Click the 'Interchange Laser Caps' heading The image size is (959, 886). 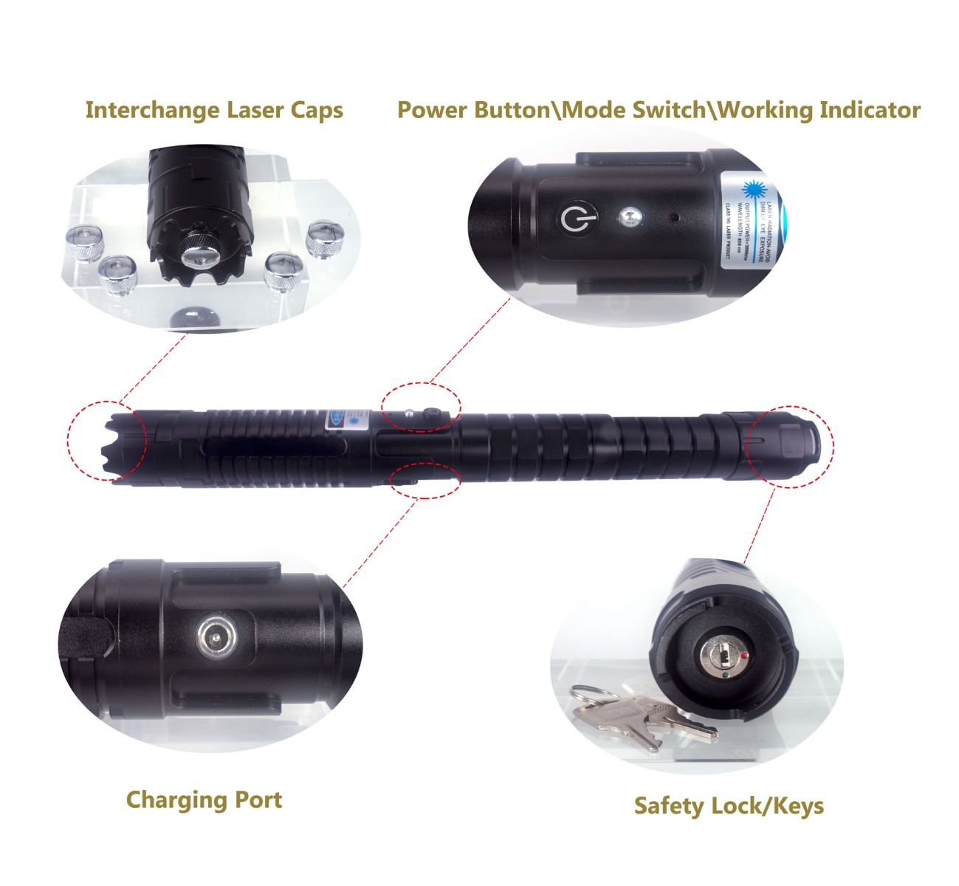(x=214, y=110)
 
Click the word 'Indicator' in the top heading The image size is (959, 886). (x=870, y=110)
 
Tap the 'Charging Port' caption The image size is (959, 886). (x=204, y=800)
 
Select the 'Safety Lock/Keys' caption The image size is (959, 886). (x=729, y=806)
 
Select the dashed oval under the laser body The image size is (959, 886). (x=424, y=480)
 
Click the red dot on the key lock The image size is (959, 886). (x=747, y=654)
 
